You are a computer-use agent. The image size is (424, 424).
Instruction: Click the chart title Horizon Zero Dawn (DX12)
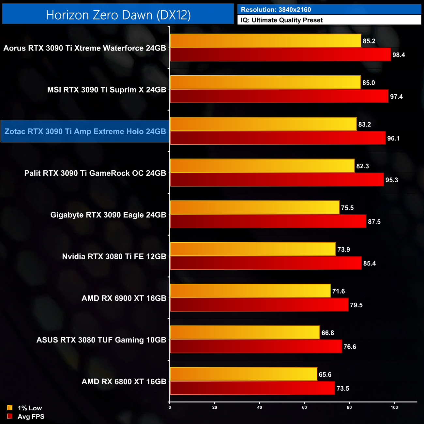coord(118,15)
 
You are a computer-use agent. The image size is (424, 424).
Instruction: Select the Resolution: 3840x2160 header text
coord(276,10)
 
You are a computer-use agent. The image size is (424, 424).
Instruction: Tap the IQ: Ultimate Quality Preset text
coord(282,20)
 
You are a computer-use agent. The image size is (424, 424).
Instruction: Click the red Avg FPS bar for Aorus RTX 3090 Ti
coord(280,54)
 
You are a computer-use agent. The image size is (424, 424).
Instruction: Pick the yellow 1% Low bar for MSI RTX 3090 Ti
coord(265,82)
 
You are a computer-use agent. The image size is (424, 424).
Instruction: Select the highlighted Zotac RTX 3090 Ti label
coord(85,131)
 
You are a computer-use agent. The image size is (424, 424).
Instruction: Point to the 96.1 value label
coord(393,138)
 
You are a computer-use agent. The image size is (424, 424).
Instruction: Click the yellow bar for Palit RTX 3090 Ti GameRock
coord(262,166)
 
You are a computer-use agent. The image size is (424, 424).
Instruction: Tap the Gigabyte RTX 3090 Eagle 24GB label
coord(108,215)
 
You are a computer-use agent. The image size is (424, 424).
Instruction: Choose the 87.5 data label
coord(374,222)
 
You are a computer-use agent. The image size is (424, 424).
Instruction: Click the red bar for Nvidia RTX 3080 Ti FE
coord(266,263)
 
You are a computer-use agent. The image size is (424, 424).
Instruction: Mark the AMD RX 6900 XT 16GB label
coord(124,298)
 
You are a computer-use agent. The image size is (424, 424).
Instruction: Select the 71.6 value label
coord(339,291)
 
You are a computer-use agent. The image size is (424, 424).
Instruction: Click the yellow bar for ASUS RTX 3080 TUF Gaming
coord(245,332)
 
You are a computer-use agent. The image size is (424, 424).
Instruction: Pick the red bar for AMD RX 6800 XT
coord(252,388)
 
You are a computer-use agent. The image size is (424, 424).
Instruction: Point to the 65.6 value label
coord(325,375)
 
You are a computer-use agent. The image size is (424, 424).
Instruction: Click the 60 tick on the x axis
coord(304,407)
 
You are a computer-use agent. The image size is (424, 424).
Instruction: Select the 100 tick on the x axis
coord(394,407)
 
